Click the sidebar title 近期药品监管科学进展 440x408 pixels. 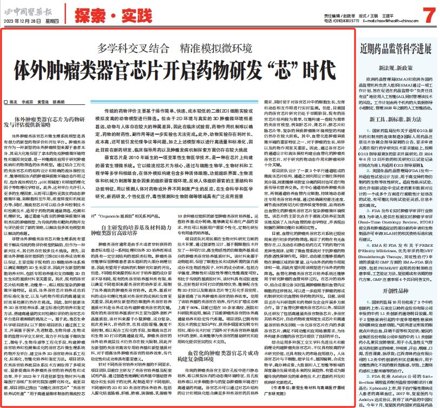click(397, 49)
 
